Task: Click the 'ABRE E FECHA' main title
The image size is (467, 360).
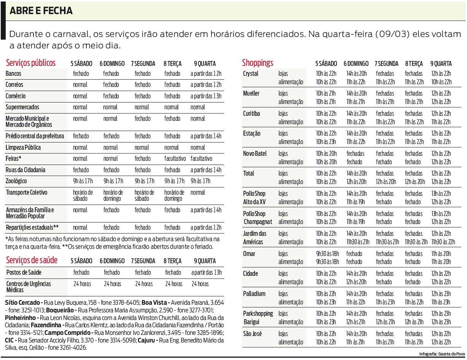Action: pyautogui.click(x=41, y=11)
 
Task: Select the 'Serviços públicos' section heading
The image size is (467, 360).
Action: pyautogui.click(x=31, y=63)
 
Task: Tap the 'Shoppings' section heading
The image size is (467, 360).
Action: pyautogui.click(x=258, y=63)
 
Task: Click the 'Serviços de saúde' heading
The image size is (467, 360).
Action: pyautogui.click(x=32, y=261)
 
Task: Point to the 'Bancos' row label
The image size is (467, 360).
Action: pyautogui.click(x=13, y=74)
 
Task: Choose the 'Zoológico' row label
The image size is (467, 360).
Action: pyautogui.click(x=16, y=181)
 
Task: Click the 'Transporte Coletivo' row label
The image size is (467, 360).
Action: pyautogui.click(x=27, y=192)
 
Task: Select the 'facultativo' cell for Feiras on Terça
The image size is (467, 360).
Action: pyautogui.click(x=175, y=158)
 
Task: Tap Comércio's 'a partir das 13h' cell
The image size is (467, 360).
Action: pyautogui.click(x=206, y=96)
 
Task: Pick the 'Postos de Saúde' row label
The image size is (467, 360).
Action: pyautogui.click(x=24, y=272)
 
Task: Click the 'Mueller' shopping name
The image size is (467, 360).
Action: pyautogui.click(x=251, y=93)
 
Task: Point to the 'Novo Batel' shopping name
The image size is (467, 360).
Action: pyautogui.click(x=255, y=154)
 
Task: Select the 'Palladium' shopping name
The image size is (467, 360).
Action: pyautogui.click(x=254, y=294)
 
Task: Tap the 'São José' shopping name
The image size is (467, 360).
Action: pyautogui.click(x=252, y=334)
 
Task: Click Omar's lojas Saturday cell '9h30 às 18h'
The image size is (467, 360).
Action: pyautogui.click(x=327, y=254)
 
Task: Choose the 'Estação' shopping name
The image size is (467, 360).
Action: pyautogui.click(x=252, y=133)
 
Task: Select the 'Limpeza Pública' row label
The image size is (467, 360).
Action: pyautogui.click(x=23, y=147)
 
